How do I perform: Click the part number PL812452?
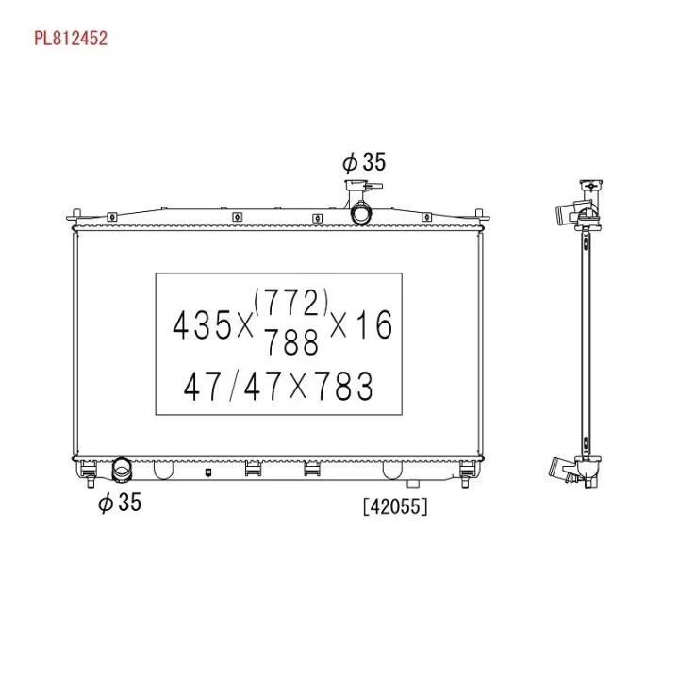tap(71, 39)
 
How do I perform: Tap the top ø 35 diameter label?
tap(363, 162)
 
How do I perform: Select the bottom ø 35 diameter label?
tap(120, 503)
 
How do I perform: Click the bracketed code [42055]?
tap(395, 506)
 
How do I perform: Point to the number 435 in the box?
tap(202, 324)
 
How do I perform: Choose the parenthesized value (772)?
tap(291, 303)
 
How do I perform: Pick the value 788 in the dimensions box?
tap(291, 341)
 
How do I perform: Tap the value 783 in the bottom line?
tap(343, 386)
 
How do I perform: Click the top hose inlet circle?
tap(360, 213)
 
